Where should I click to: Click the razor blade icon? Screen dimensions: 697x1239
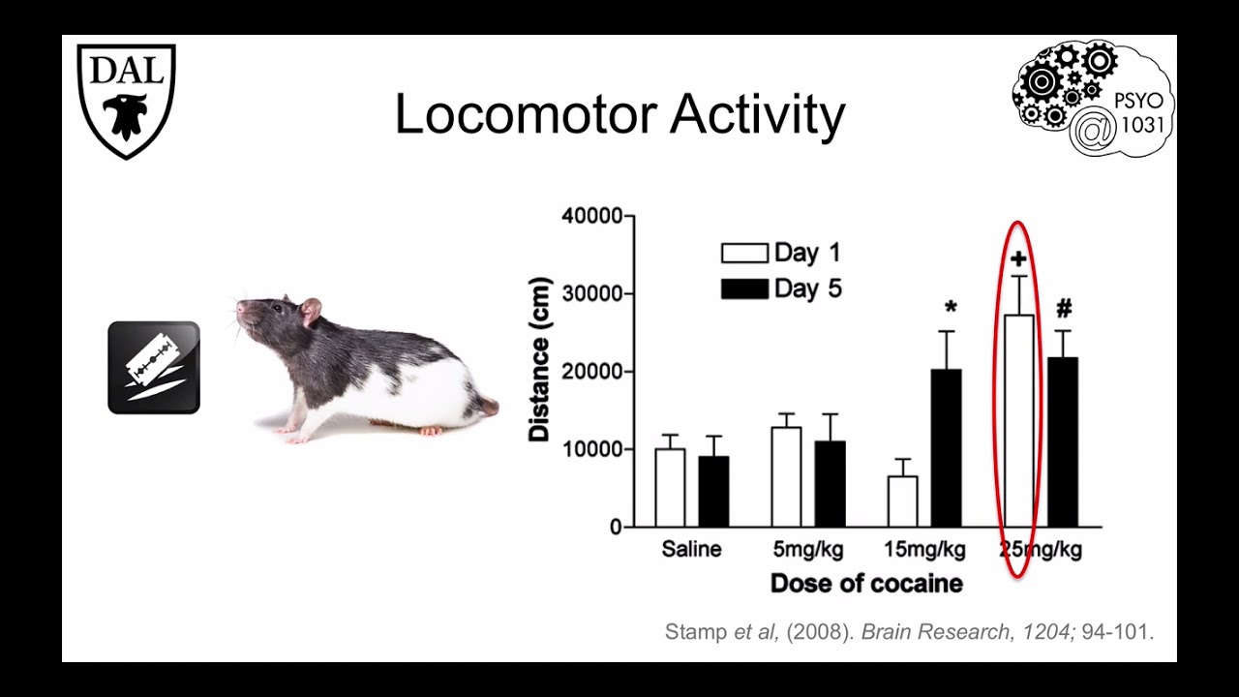pos(154,368)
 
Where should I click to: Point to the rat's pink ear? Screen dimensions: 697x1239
pos(310,311)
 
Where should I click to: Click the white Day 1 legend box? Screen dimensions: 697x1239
pos(744,254)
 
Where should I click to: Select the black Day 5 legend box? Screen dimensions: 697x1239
pos(744,288)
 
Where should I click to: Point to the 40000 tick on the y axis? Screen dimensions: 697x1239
pos(592,216)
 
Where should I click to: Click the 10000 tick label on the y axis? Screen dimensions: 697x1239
pos(592,449)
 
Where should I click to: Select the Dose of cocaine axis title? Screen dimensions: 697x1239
pos(866,584)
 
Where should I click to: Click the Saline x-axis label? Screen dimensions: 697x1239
pos(691,550)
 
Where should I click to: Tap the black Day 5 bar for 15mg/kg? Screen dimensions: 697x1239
pos(946,448)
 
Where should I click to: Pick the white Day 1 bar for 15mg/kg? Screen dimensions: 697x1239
pos(902,501)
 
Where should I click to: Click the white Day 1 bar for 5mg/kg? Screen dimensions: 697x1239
pos(786,477)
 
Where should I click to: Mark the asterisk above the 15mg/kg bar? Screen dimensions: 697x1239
pos(951,309)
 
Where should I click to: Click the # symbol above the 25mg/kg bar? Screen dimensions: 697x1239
pos(1064,309)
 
